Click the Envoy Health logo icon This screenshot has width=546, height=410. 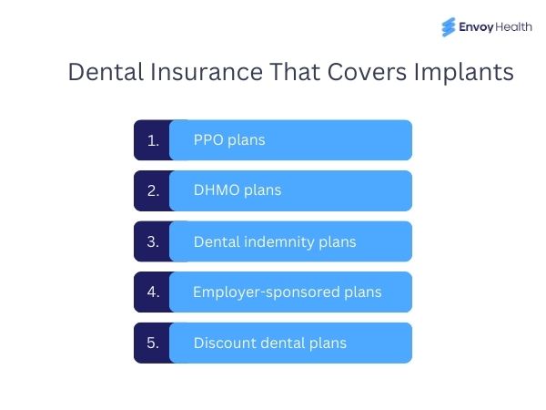pyautogui.click(x=449, y=27)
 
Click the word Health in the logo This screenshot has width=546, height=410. pyautogui.click(x=515, y=28)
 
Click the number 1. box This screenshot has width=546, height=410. pyautogui.click(x=153, y=140)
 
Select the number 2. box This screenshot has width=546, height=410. pyautogui.click(x=153, y=190)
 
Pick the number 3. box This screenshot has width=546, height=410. pyautogui.click(x=153, y=241)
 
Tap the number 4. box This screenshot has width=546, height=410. pyautogui.click(x=153, y=292)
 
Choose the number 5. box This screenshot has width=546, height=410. pyautogui.click(x=153, y=343)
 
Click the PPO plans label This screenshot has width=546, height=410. pyautogui.click(x=229, y=140)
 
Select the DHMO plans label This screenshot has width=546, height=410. pyautogui.click(x=238, y=190)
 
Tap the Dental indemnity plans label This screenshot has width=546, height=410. pyautogui.click(x=275, y=242)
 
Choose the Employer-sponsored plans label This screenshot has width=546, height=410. pyautogui.click(x=288, y=292)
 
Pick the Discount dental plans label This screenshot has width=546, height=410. pyautogui.click(x=270, y=343)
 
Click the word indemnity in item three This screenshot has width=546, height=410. pyautogui.click(x=282, y=242)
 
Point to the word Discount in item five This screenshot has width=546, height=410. pyautogui.click(x=222, y=343)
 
